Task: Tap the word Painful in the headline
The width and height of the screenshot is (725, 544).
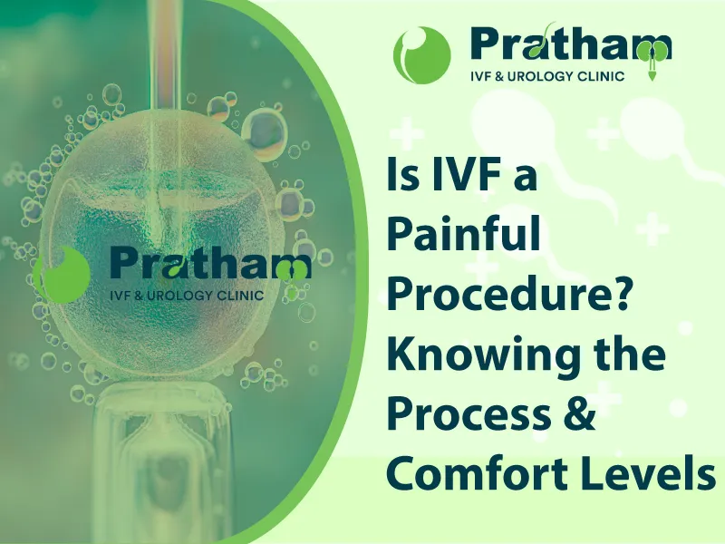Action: pos(463,235)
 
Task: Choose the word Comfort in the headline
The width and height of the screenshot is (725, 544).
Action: pos(473,473)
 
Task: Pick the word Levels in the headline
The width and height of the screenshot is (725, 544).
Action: pos(645,473)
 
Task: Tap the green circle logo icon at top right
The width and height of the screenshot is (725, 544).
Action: pos(421,54)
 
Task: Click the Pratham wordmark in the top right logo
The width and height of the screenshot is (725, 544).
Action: pos(571,43)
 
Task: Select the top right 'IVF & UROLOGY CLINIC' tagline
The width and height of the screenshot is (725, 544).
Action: pos(547,76)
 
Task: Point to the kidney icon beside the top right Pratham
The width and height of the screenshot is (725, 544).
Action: pos(652,58)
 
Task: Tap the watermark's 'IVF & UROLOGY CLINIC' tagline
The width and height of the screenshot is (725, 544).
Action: pos(186,295)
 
